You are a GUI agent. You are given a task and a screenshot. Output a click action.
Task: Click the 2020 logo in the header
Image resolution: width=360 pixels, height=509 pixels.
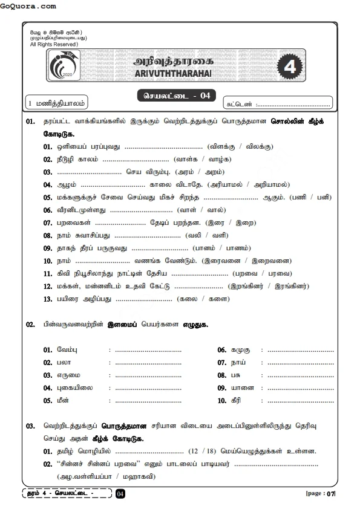click(63, 68)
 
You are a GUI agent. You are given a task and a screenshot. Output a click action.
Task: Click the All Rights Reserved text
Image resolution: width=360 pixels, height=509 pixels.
click(54, 45)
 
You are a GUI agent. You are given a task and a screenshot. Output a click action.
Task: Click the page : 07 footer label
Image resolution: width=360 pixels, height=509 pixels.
click(320, 494)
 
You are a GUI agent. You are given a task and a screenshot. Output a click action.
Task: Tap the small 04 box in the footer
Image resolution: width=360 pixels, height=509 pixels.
click(120, 494)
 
